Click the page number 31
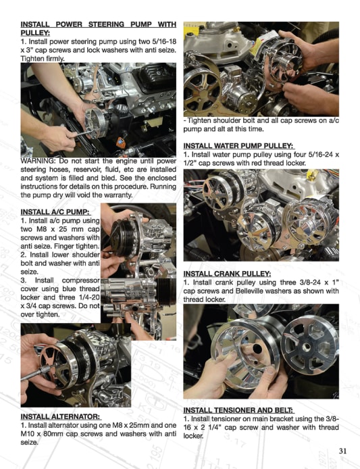point(343,451)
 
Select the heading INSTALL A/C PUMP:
point(55,212)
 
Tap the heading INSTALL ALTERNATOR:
point(61,417)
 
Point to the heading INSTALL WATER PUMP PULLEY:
point(238,146)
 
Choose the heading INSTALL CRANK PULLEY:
point(227,274)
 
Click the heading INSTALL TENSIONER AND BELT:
point(238,410)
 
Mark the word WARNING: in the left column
point(38,161)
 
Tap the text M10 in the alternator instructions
point(27,434)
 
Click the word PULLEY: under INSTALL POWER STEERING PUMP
point(35,33)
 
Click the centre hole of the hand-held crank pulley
point(257,349)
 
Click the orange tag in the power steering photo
point(121,143)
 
